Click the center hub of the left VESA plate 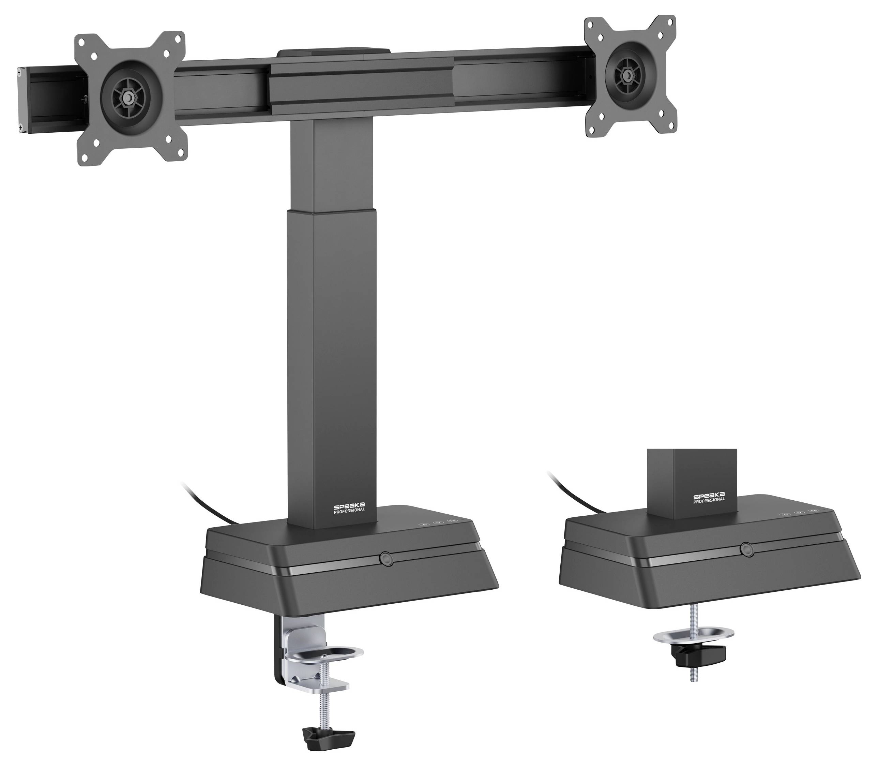[x=127, y=98]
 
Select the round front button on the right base [x=746, y=549]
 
